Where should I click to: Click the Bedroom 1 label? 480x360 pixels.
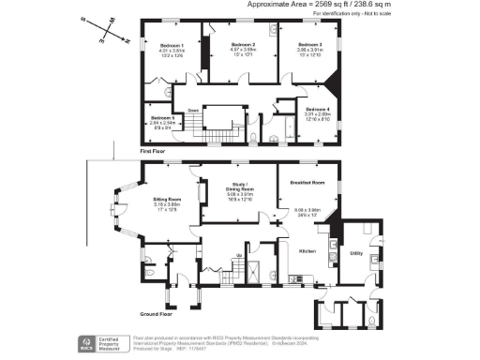click(x=172, y=46)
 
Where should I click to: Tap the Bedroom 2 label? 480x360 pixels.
click(x=243, y=45)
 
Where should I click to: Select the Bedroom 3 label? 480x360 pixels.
click(x=310, y=45)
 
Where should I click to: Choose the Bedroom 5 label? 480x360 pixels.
click(x=162, y=117)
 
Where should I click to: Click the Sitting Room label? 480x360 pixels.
click(x=167, y=200)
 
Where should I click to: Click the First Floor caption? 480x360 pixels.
click(x=152, y=150)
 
